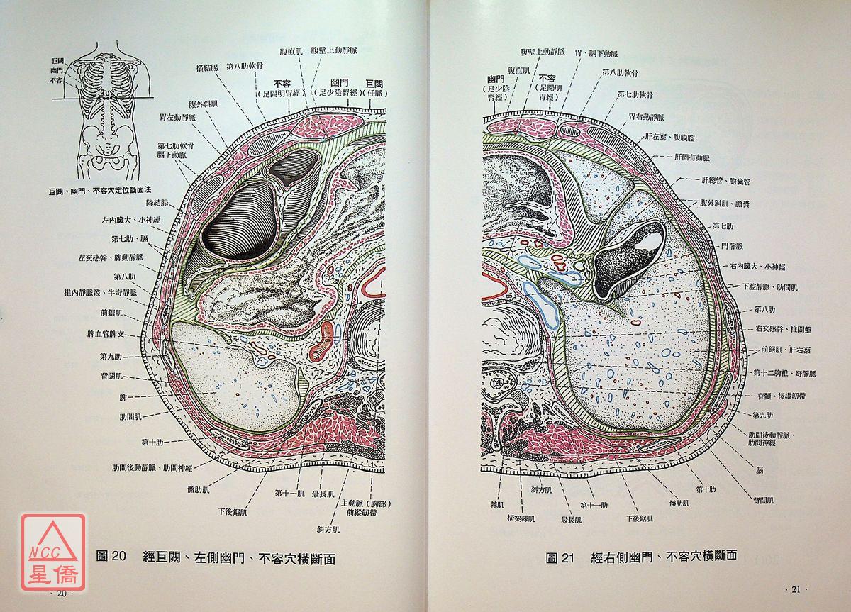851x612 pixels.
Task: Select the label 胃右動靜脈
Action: pos(645,116)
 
